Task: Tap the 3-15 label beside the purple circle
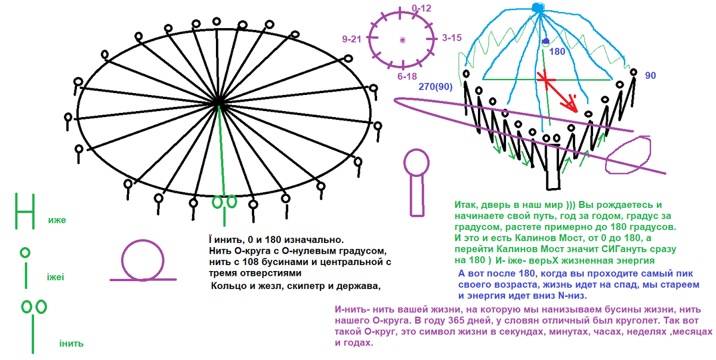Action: click(x=452, y=38)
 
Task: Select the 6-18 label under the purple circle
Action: click(x=408, y=76)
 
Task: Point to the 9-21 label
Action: click(x=352, y=39)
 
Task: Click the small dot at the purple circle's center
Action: click(x=403, y=40)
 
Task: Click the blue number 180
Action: click(x=557, y=52)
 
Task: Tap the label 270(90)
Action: click(x=435, y=87)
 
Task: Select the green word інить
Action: click(x=71, y=343)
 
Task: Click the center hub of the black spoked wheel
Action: click(x=219, y=104)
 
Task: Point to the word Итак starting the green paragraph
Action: click(x=467, y=205)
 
